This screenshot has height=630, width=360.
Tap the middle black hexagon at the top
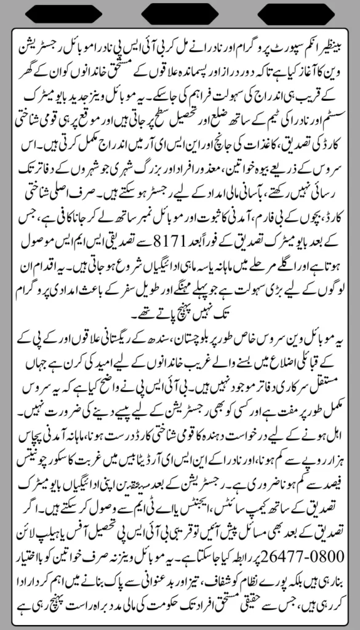[x=180, y=12]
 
